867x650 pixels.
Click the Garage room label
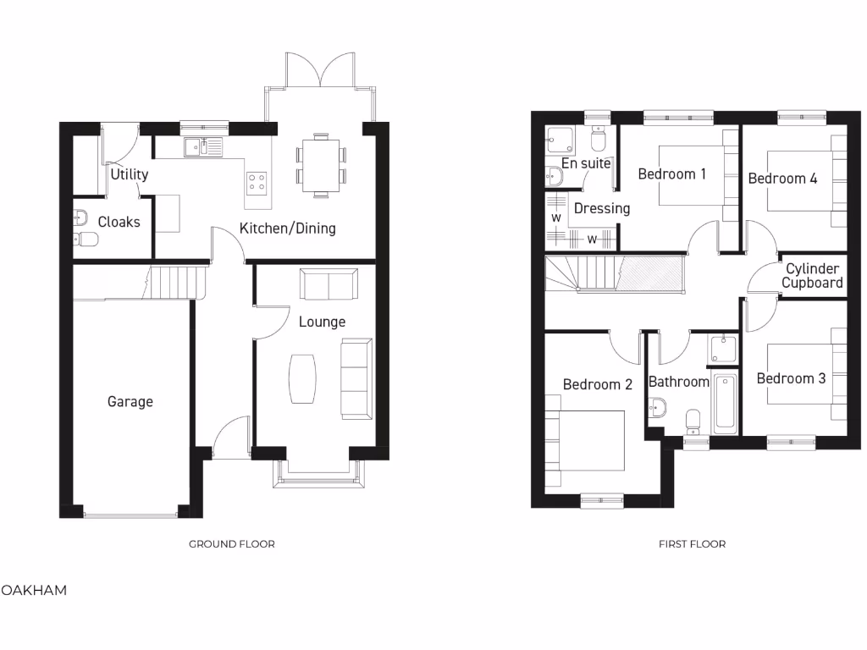[x=130, y=401]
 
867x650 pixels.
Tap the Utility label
[x=129, y=174]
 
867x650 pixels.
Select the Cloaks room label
[x=119, y=222]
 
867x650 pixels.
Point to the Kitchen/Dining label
[x=287, y=228]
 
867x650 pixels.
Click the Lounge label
[x=322, y=322]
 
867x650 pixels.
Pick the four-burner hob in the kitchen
[x=256, y=182]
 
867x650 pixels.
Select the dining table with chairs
[x=321, y=164]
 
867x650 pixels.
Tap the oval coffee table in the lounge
[x=302, y=377]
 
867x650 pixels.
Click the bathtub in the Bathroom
[x=725, y=402]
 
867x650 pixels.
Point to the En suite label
[x=586, y=163]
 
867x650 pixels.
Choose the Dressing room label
[x=602, y=208]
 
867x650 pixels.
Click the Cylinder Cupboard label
[x=812, y=276]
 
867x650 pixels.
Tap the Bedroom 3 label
[x=791, y=378]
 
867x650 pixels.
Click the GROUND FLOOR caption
[x=231, y=544]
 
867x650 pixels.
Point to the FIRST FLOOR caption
[x=692, y=544]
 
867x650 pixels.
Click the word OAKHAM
[x=34, y=590]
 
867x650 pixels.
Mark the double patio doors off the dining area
[x=318, y=71]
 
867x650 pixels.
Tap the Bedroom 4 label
[x=782, y=179]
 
